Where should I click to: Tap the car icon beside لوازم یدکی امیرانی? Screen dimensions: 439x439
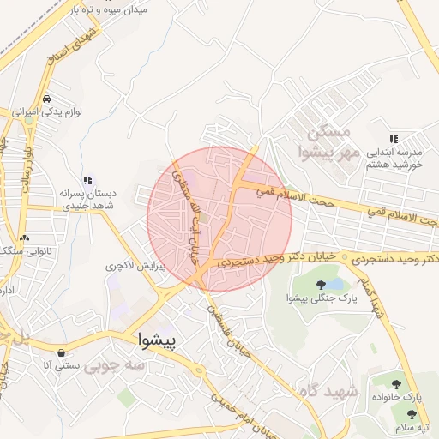tap(57, 99)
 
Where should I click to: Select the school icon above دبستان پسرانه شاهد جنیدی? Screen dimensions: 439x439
tap(87, 180)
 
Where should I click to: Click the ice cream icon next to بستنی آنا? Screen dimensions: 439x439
tap(61, 352)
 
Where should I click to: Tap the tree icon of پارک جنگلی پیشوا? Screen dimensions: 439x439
tap(322, 284)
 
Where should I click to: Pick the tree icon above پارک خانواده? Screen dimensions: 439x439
tap(396, 384)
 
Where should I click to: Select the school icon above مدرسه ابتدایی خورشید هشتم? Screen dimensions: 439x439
tap(394, 138)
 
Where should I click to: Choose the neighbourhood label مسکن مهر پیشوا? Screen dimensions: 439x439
tap(326, 142)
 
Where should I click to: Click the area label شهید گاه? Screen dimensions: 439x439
tap(326, 391)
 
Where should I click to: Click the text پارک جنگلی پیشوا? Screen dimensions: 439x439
tap(322, 298)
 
